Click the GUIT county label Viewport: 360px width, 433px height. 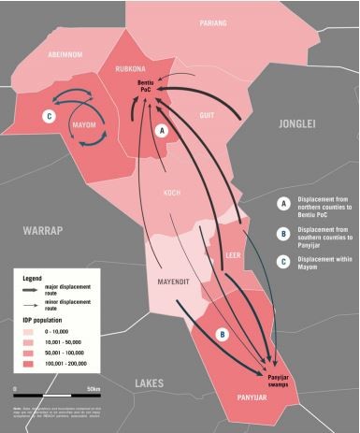pos(207,114)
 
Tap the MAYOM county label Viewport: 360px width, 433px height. pos(84,124)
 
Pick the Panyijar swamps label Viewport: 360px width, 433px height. pos(271,360)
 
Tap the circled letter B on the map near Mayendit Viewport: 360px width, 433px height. pos(221,334)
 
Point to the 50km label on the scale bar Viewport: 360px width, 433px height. pos(93,387)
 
